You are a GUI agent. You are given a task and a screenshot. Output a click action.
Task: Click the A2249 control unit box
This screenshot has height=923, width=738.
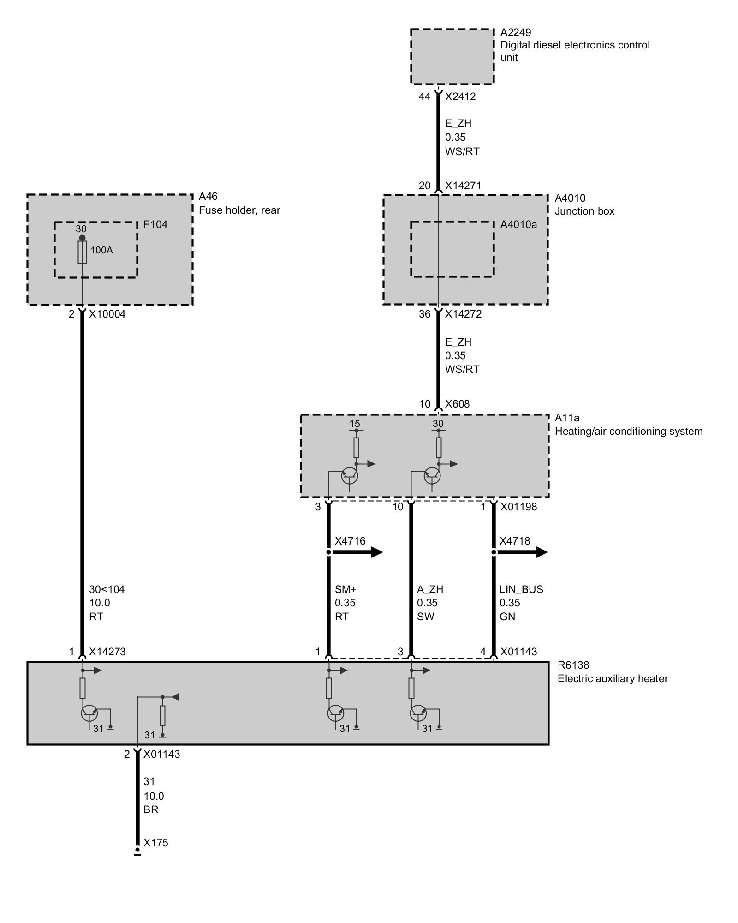[452, 57]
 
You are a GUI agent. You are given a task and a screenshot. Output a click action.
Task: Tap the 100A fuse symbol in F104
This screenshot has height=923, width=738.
[82, 252]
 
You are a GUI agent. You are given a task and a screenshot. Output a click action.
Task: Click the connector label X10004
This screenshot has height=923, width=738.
[107, 314]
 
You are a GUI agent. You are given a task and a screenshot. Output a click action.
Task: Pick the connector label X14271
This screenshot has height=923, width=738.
[463, 186]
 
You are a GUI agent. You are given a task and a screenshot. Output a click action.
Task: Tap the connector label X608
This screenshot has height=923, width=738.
[457, 404]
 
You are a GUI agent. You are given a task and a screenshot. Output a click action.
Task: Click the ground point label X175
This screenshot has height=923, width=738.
[156, 843]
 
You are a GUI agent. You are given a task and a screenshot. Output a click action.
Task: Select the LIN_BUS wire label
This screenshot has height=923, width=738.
[521, 589]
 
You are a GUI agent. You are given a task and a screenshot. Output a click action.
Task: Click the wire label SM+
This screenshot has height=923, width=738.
[346, 589]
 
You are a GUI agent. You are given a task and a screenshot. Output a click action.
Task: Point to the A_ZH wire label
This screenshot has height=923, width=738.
[430, 589]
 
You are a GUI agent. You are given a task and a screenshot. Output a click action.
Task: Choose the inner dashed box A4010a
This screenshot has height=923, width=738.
[452, 249]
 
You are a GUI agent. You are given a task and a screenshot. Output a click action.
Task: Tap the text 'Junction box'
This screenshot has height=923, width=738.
[584, 211]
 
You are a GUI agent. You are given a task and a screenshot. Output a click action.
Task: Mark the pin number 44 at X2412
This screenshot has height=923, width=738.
[424, 97]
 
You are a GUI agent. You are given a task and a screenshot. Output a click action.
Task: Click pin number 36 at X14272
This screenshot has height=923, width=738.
[424, 314]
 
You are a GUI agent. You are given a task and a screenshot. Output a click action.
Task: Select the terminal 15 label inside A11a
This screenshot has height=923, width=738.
[355, 424]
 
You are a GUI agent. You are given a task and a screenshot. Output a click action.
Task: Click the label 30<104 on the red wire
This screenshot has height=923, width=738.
[107, 589]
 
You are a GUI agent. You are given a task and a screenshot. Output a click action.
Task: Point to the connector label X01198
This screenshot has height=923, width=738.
[518, 507]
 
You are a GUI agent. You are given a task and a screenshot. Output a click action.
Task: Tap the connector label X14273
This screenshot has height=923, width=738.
[107, 652]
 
